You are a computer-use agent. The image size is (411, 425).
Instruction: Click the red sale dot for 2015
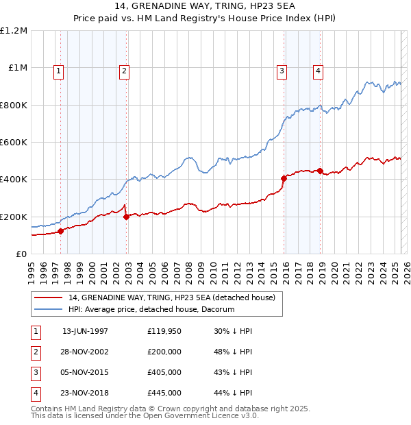(x=284, y=178)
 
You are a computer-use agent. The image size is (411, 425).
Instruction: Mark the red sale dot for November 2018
(x=321, y=171)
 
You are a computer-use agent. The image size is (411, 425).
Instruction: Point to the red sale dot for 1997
(x=60, y=231)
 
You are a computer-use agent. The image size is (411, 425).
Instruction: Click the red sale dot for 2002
(x=127, y=217)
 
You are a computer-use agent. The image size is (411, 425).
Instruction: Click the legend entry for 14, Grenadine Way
(x=171, y=297)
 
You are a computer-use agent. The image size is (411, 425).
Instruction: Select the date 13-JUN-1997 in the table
(x=85, y=331)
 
